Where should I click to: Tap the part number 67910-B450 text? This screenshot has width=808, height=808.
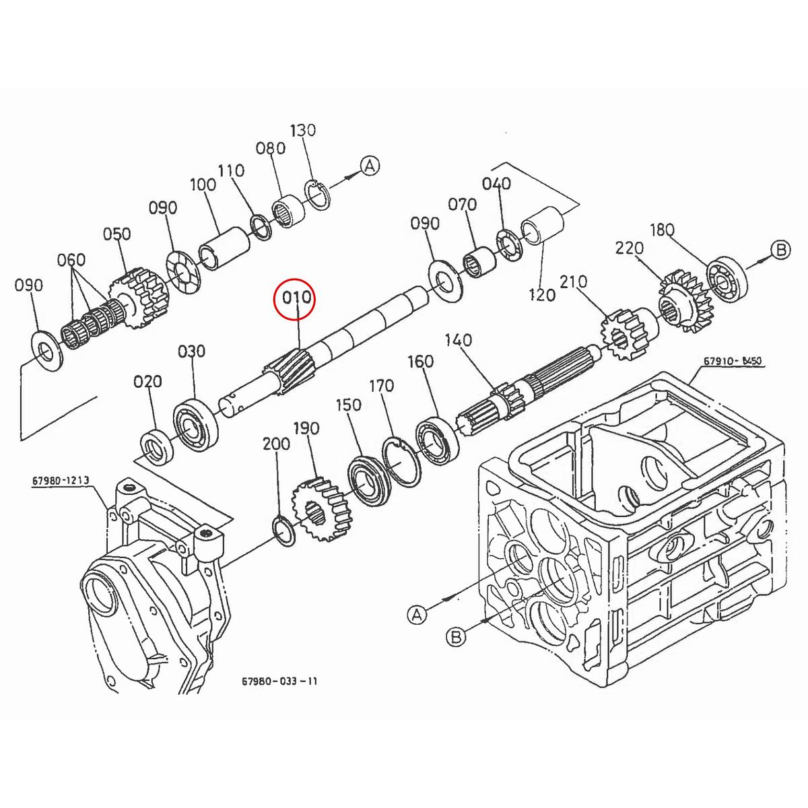733,361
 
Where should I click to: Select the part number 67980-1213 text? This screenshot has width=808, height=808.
60,481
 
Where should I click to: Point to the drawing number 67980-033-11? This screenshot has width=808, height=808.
279,681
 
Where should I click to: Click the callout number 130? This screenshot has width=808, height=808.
302,130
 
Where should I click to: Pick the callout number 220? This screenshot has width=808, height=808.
629,249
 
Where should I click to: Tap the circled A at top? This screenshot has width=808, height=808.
370,166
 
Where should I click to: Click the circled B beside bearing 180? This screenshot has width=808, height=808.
780,250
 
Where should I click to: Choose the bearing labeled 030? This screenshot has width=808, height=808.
197,420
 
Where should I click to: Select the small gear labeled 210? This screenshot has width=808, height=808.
621,333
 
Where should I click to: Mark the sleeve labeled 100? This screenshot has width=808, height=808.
226,248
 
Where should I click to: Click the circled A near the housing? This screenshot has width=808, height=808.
417,613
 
